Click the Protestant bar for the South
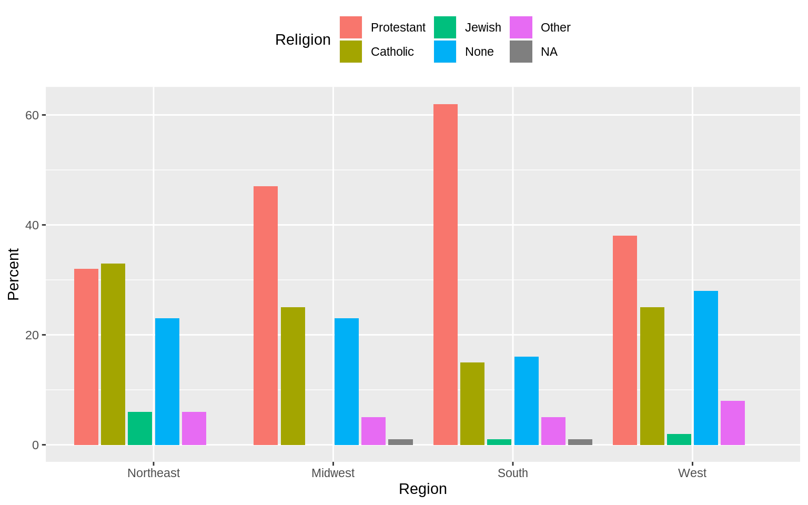(x=445, y=274)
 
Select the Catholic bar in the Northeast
(x=113, y=354)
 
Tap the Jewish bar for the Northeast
(x=140, y=428)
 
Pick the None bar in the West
(x=705, y=368)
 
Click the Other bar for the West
(x=732, y=423)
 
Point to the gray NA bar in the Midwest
(x=400, y=442)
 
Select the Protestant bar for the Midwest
(x=266, y=316)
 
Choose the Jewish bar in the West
(x=679, y=439)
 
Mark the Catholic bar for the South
(x=472, y=403)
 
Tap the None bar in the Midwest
(x=346, y=381)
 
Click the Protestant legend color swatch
(x=351, y=27)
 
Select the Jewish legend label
(x=482, y=27)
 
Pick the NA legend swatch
(x=521, y=52)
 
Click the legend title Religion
(x=302, y=39)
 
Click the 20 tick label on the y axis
(x=32, y=335)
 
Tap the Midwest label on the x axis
(x=332, y=473)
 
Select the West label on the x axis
(x=692, y=473)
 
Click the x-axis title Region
(x=422, y=489)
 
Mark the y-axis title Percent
(x=13, y=274)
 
